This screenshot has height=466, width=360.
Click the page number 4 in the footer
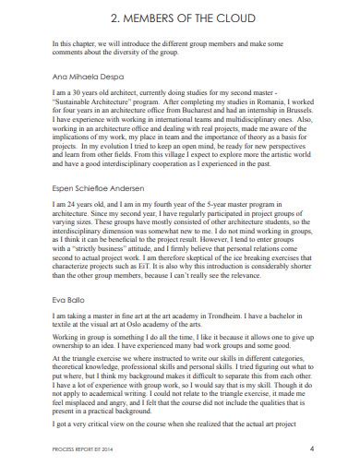(x=312, y=449)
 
